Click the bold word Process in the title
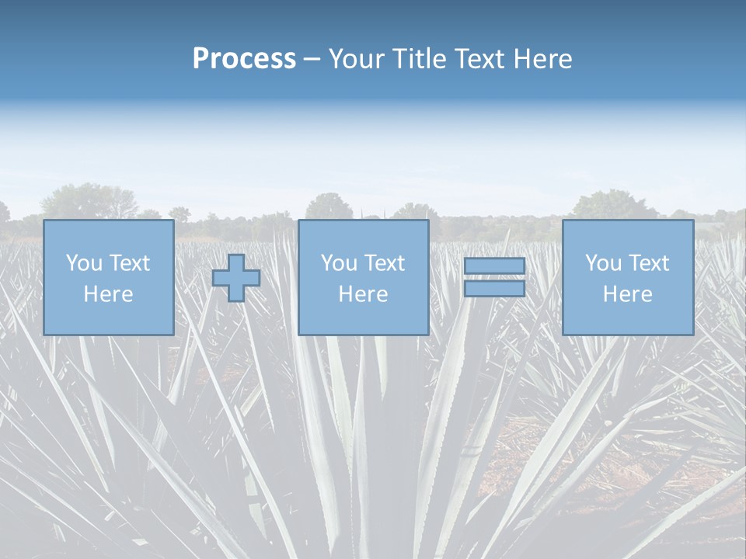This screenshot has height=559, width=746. (x=244, y=59)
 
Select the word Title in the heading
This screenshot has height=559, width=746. (x=420, y=59)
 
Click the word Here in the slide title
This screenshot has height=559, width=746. (x=545, y=59)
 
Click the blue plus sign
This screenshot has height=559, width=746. (x=236, y=278)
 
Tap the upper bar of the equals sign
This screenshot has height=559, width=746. (x=494, y=266)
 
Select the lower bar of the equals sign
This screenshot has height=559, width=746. (x=494, y=288)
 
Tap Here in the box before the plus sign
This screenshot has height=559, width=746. (x=108, y=294)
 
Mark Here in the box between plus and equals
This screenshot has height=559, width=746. (x=363, y=294)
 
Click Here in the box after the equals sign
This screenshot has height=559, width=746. (x=627, y=294)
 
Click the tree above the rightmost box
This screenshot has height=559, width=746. (x=614, y=205)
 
